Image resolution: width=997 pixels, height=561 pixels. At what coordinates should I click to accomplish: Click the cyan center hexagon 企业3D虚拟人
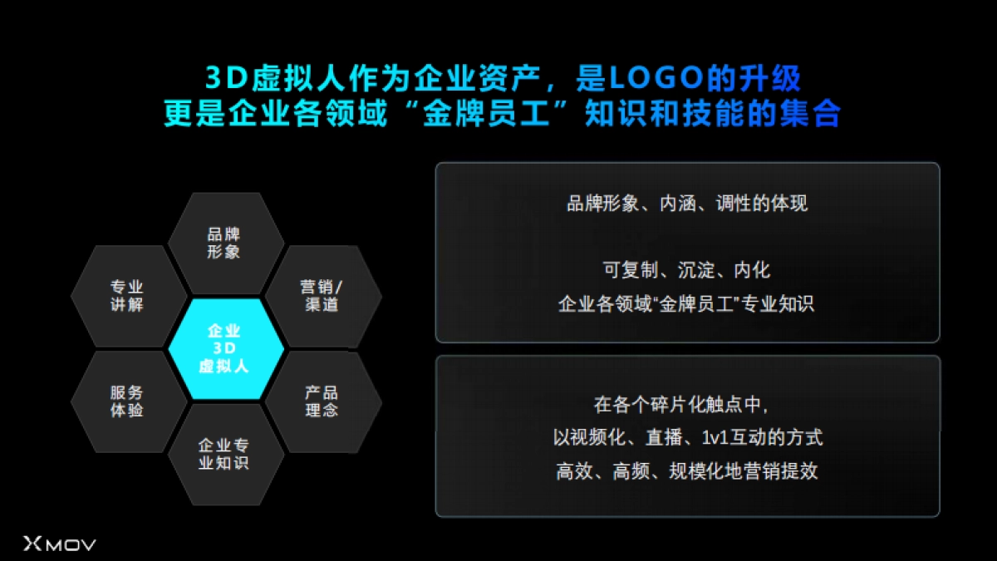(x=225, y=349)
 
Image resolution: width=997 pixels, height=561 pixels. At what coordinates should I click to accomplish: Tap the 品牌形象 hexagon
(x=225, y=243)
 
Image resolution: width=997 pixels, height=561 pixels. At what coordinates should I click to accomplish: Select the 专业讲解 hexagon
(x=127, y=296)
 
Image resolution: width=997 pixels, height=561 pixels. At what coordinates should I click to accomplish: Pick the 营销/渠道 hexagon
(x=322, y=296)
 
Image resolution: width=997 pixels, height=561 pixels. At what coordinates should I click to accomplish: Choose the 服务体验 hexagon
(x=127, y=401)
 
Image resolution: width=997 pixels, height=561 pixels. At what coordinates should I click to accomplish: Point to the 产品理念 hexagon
(x=322, y=401)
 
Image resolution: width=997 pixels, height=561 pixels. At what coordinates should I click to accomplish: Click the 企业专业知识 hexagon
(x=225, y=455)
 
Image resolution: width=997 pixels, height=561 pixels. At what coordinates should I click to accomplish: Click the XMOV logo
(x=60, y=544)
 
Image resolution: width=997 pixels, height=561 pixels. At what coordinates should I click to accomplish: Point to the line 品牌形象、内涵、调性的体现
(x=686, y=204)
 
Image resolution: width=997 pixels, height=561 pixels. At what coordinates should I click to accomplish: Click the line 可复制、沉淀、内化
(x=686, y=270)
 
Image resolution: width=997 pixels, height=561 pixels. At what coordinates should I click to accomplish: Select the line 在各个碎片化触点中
(x=686, y=406)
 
